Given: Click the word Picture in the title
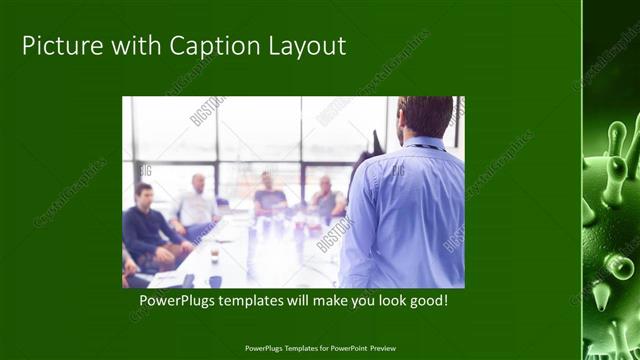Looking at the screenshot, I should [59, 46].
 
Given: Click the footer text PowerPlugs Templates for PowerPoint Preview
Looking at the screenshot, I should [320, 348].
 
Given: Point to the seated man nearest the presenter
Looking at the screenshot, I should [325, 200].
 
